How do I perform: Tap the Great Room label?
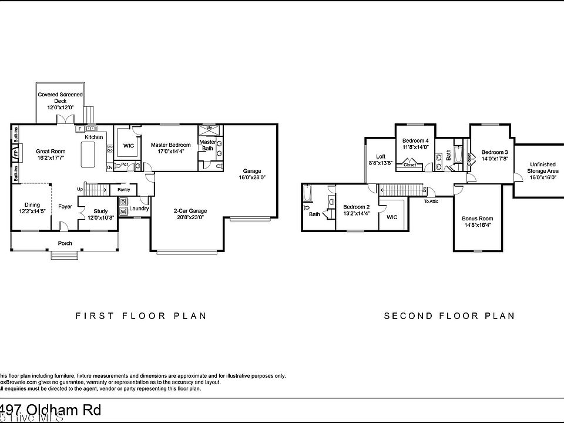(x=50, y=151)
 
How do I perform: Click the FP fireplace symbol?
(x=15, y=153)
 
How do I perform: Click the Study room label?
(x=100, y=211)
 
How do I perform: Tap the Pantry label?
(x=123, y=190)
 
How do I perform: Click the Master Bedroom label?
(x=170, y=145)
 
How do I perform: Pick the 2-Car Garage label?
(x=189, y=211)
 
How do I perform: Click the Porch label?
(x=65, y=243)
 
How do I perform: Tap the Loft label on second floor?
(x=380, y=156)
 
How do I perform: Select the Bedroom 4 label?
(x=415, y=141)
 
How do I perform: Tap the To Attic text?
(x=431, y=202)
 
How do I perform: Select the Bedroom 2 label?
(x=357, y=207)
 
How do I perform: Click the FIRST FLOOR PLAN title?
(x=141, y=315)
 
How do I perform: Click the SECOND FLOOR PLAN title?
(x=449, y=315)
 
